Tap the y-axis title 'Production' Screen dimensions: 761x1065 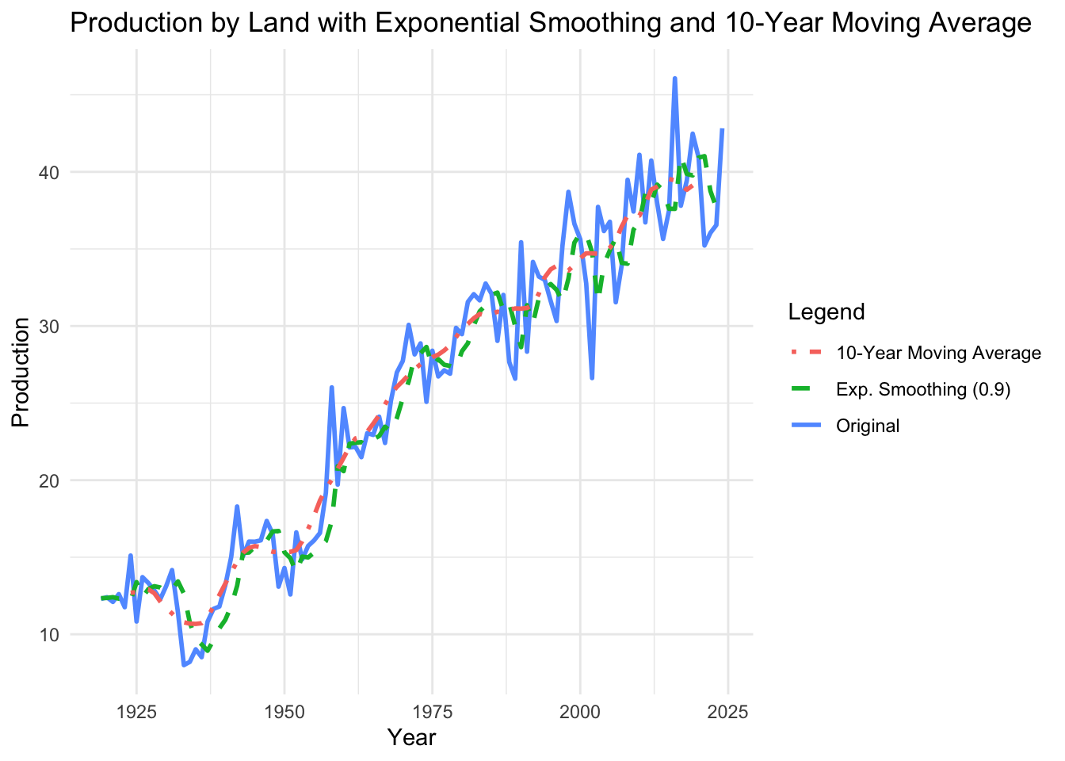(21, 372)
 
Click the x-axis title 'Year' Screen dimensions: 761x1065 (411, 738)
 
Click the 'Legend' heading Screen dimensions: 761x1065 (826, 312)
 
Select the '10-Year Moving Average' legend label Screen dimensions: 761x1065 (938, 353)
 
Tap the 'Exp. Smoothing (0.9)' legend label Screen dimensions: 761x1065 (923, 389)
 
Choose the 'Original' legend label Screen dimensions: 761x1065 (868, 426)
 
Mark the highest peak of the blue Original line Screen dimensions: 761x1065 (674, 78)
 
